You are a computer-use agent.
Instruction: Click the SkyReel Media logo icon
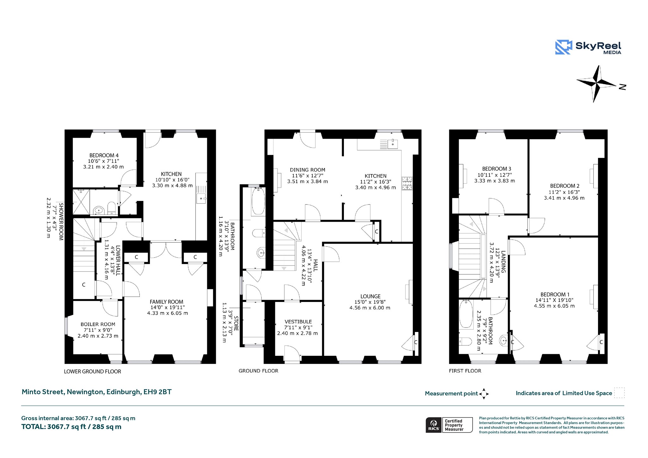click(564, 47)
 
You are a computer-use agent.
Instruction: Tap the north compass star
click(597, 84)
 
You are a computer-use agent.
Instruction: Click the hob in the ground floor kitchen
click(407, 183)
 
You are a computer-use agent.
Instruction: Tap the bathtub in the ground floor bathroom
click(259, 201)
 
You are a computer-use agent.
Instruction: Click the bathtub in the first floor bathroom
click(466, 314)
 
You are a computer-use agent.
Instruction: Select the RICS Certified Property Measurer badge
click(449, 425)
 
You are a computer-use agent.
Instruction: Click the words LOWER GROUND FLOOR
click(92, 372)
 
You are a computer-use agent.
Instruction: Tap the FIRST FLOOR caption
click(465, 371)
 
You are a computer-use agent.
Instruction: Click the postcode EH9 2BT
click(158, 392)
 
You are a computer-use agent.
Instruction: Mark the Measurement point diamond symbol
click(484, 394)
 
